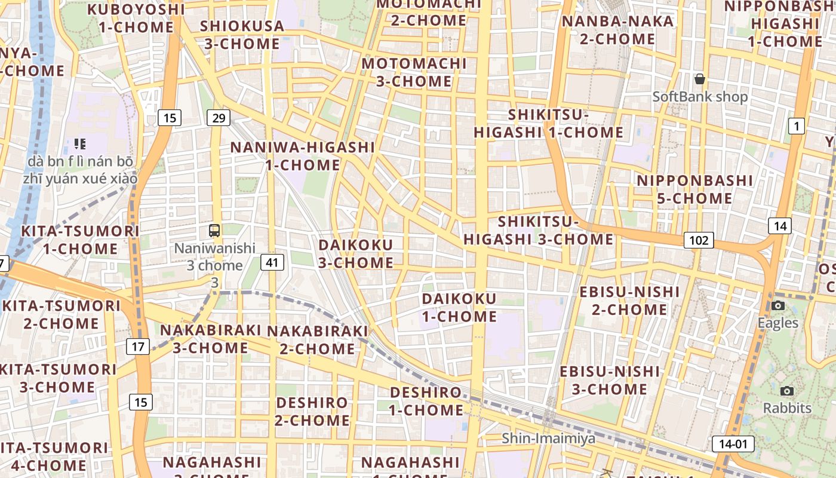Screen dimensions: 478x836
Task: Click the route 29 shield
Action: [x=219, y=118]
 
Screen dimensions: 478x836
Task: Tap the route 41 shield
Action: [x=272, y=262]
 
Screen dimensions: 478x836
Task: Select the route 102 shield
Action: [x=699, y=240]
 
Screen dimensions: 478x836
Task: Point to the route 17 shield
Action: [x=139, y=346]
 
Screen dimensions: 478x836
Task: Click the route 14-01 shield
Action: [x=733, y=444]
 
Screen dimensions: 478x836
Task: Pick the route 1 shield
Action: [x=796, y=125]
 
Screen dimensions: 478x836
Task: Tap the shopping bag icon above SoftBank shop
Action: [x=700, y=79]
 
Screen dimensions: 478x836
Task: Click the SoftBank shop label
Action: [x=700, y=97]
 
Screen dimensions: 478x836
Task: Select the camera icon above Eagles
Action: [x=777, y=306]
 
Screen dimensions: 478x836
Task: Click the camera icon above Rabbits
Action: [x=787, y=391]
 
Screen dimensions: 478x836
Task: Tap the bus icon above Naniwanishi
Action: [x=214, y=230]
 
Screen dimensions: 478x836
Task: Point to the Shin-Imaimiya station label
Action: [x=548, y=439]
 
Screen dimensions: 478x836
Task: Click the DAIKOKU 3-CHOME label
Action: [x=356, y=254]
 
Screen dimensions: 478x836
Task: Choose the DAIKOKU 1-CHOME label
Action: [x=459, y=308]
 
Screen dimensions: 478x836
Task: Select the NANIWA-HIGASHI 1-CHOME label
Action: [x=303, y=156]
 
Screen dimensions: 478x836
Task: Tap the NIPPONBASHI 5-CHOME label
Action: [x=694, y=189]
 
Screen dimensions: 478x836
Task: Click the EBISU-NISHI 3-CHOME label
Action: [x=610, y=381]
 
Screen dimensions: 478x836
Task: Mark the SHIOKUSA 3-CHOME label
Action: [x=242, y=35]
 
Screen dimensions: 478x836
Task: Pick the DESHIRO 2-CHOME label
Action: [x=312, y=412]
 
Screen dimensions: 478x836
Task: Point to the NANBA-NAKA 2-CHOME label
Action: [x=617, y=30]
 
